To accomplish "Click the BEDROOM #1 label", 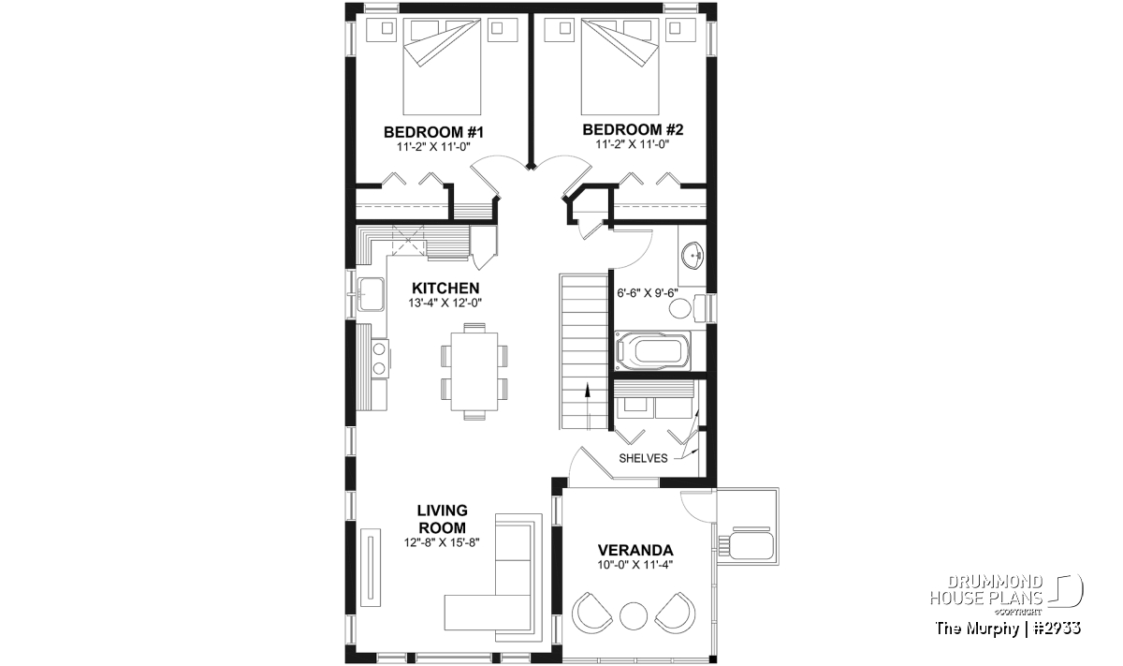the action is click(x=433, y=132).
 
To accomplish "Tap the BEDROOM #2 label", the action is click(x=633, y=130).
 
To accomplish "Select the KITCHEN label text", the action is click(x=445, y=289).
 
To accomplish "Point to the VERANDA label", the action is click(x=635, y=550).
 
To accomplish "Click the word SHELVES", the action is click(x=643, y=458).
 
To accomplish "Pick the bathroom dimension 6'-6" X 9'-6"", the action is click(x=648, y=293).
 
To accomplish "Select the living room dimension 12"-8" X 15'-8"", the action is click(x=442, y=542).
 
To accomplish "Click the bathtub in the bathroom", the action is click(x=652, y=351).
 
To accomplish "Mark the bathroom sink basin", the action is click(x=693, y=256).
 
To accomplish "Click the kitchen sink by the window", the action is click(x=371, y=293).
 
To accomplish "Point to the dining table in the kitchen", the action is click(x=474, y=371).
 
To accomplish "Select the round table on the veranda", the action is click(x=634, y=615).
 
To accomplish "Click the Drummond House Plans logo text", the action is click(x=986, y=590).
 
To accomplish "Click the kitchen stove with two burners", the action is click(x=379, y=359).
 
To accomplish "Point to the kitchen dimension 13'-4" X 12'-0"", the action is click(x=445, y=303).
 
